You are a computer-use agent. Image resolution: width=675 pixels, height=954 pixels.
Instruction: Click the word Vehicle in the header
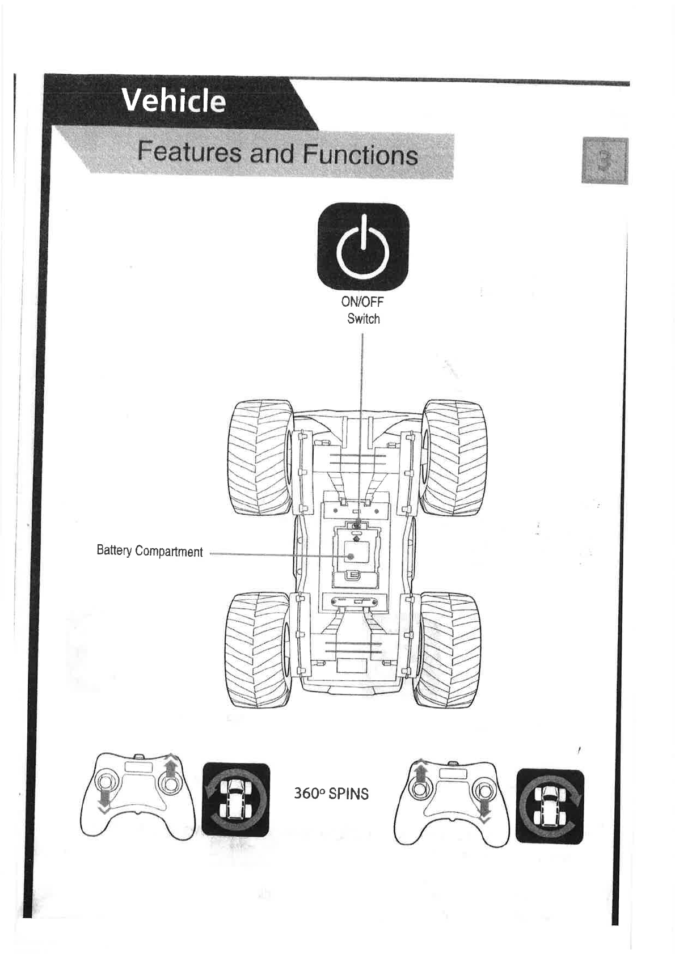pyautogui.click(x=174, y=101)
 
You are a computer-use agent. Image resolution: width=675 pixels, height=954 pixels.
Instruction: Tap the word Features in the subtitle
pyautogui.click(x=189, y=154)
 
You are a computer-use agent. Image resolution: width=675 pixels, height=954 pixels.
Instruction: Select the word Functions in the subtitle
pyautogui.click(x=360, y=155)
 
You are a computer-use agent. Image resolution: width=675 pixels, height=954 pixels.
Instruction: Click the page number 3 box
pyautogui.click(x=605, y=160)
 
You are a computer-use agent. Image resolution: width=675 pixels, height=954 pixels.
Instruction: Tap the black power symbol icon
pyautogui.click(x=363, y=247)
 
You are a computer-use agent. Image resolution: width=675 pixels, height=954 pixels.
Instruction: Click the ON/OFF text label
pyautogui.click(x=362, y=301)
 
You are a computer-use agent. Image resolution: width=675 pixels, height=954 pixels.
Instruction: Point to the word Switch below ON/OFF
pyautogui.click(x=364, y=319)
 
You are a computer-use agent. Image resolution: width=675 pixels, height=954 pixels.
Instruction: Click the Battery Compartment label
pyautogui.click(x=149, y=552)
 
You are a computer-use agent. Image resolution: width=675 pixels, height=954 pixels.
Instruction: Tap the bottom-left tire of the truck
pyautogui.click(x=258, y=650)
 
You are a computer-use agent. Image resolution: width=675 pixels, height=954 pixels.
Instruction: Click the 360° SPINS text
pyautogui.click(x=331, y=794)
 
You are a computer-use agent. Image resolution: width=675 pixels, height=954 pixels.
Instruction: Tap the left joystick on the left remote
pyautogui.click(x=105, y=785)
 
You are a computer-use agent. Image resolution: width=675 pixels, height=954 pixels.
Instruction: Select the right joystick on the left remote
pyautogui.click(x=170, y=784)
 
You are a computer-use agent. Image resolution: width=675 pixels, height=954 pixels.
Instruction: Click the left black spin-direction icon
pyautogui.click(x=236, y=800)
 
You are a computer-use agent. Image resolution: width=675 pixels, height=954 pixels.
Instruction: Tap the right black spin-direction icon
pyautogui.click(x=550, y=805)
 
